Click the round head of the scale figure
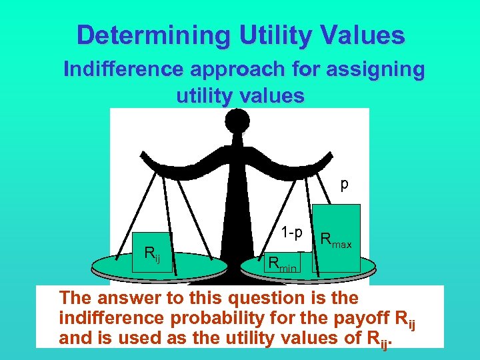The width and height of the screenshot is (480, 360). [237, 122]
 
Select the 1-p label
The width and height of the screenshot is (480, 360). [291, 233]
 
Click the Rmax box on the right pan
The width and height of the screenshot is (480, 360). [337, 238]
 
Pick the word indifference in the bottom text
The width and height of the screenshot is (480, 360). [106, 318]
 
